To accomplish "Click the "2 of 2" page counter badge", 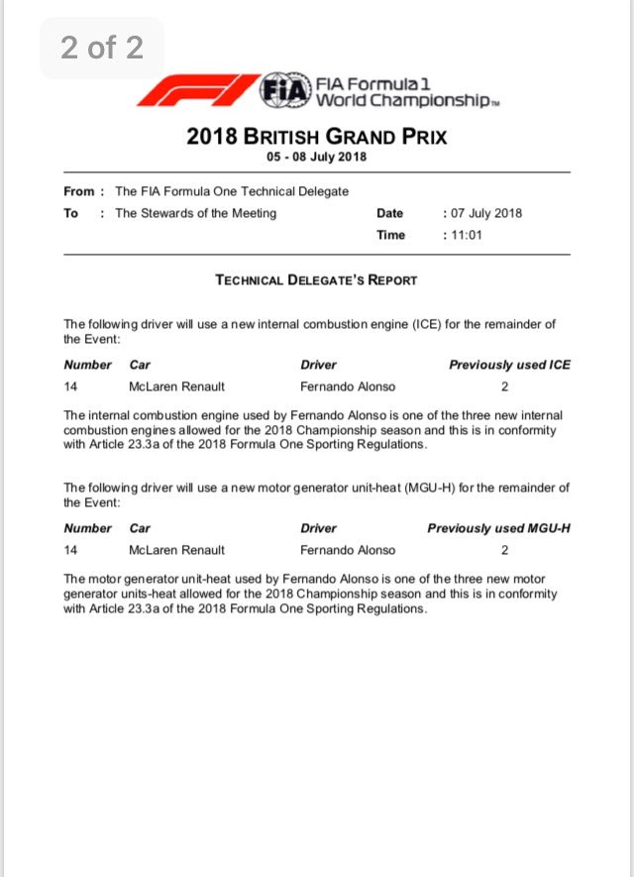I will (102, 48).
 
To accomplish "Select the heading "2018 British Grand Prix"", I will (316, 137).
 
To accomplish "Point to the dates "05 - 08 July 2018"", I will (316, 158).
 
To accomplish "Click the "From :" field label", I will (79, 191).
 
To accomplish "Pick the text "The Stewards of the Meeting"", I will (196, 213).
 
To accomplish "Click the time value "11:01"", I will (465, 235).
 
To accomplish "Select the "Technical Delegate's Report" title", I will (316, 280).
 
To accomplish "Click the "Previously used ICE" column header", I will (509, 365).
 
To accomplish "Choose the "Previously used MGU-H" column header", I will (498, 528).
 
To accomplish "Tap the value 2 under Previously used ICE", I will (505, 386).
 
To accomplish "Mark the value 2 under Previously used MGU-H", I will (505, 550).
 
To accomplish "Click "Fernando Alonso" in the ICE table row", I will (348, 386).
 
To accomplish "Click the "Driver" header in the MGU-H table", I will (318, 528).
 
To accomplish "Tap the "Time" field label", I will (390, 235).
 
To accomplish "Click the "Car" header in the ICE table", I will (140, 365).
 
